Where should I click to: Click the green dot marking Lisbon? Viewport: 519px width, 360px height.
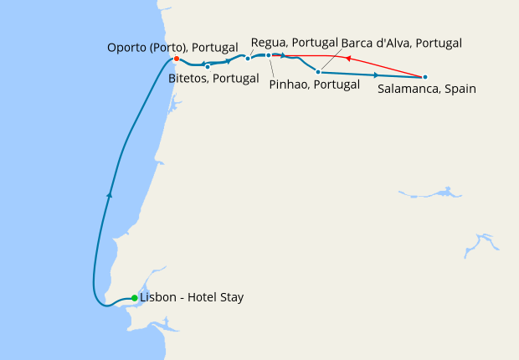[134, 298]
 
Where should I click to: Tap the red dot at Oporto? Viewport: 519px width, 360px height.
[177, 59]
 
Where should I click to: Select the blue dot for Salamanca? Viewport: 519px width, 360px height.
[425, 77]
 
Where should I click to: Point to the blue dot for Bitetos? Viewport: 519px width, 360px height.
[207, 66]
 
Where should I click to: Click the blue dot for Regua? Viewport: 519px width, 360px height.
[248, 58]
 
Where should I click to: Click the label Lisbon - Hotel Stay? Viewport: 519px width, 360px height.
[192, 297]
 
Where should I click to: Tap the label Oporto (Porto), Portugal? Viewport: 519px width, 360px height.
[173, 48]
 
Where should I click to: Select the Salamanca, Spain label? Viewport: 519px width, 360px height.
[427, 89]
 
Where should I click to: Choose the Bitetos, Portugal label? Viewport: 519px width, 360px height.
[213, 79]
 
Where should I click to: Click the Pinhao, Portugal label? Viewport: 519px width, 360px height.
[308, 84]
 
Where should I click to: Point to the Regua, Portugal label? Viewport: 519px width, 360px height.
[294, 42]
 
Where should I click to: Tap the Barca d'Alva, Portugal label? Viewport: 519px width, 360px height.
[401, 42]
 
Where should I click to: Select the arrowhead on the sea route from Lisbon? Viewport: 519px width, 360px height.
[109, 194]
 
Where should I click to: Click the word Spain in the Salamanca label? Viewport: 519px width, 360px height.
[460, 89]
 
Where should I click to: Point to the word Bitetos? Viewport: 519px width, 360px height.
[189, 79]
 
